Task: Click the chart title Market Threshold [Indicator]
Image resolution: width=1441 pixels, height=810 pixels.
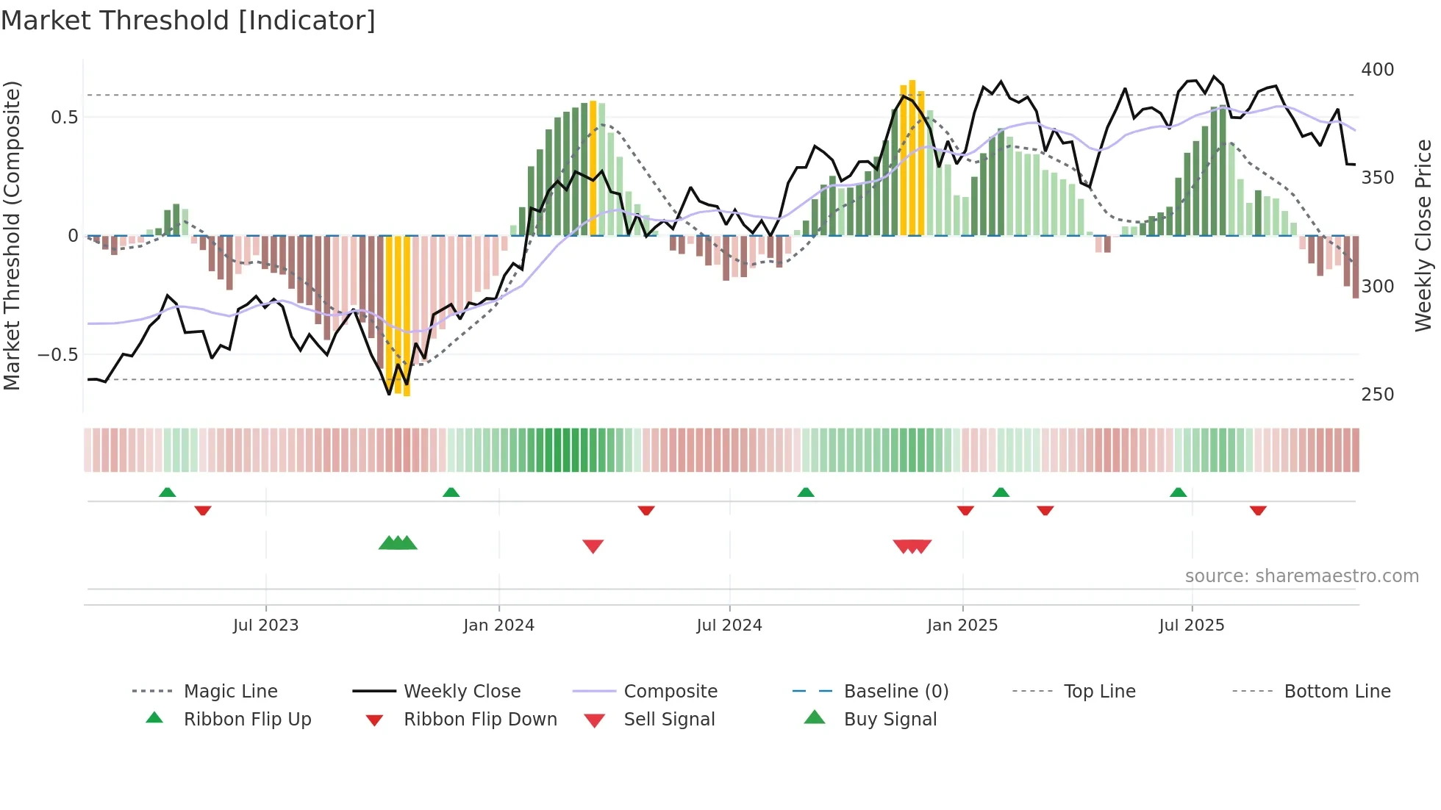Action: [188, 21]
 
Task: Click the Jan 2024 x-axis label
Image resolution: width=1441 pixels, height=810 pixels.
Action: [498, 626]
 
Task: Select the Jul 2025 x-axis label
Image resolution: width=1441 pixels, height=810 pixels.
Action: [1191, 626]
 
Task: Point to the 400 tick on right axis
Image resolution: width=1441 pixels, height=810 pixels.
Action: [1377, 70]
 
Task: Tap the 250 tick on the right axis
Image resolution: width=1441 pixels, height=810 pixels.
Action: [1377, 395]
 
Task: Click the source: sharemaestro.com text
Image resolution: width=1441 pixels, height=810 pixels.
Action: [1301, 576]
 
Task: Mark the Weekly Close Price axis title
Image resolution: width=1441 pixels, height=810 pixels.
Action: [1423, 235]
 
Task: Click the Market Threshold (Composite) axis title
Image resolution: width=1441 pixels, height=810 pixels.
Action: [12, 235]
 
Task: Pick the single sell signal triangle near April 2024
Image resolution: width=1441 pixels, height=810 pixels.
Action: [593, 546]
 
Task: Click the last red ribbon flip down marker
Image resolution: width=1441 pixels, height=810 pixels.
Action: [1258, 510]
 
